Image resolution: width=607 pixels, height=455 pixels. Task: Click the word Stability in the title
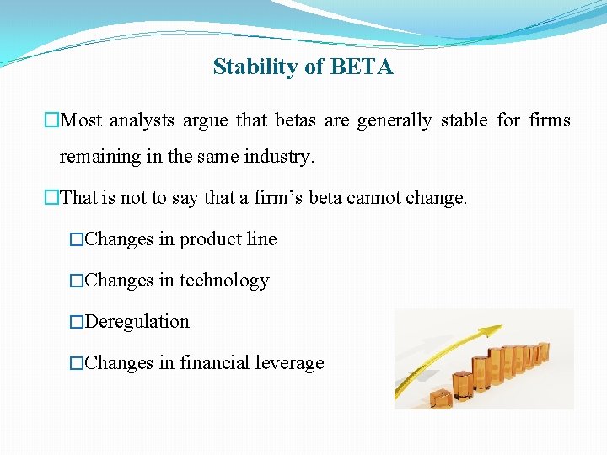pyautogui.click(x=246, y=67)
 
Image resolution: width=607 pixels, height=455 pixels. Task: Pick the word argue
pyautogui.click(x=205, y=120)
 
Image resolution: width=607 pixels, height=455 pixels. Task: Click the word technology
pyautogui.click(x=224, y=281)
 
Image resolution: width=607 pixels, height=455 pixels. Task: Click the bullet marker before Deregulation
pyautogui.click(x=77, y=323)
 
